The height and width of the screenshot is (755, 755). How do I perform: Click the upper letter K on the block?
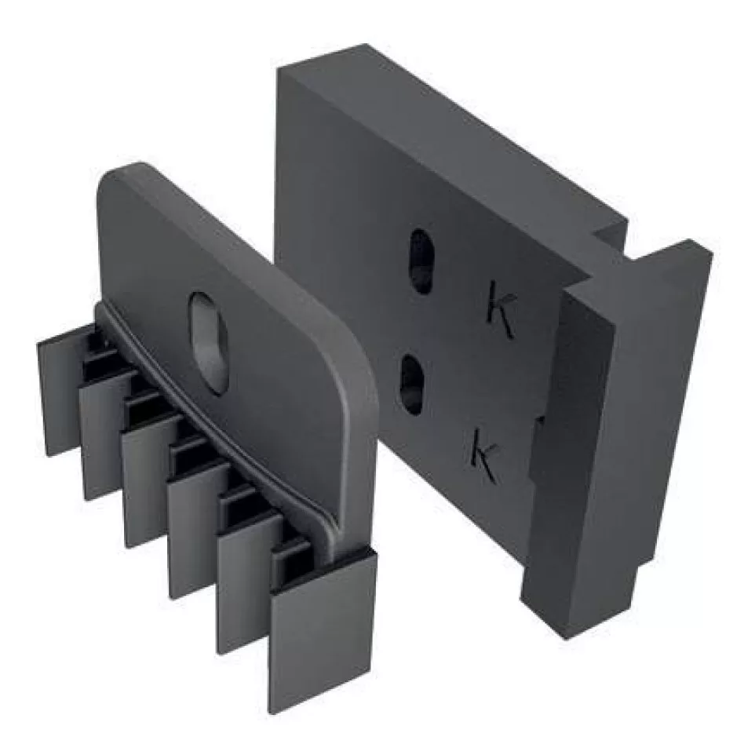pos(501,308)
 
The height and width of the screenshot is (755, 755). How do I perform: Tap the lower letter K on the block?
pos(484,449)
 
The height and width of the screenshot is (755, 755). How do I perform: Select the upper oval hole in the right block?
pos(420,261)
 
